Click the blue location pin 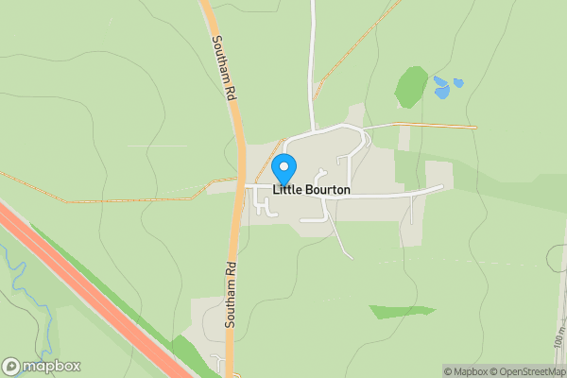[283, 168]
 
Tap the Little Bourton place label [312, 190]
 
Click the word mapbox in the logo [51, 366]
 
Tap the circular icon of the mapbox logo [11, 366]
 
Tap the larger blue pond [441, 92]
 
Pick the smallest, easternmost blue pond [458, 83]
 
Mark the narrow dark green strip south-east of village [402, 311]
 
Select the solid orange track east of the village [435, 126]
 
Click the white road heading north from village [311, 66]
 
